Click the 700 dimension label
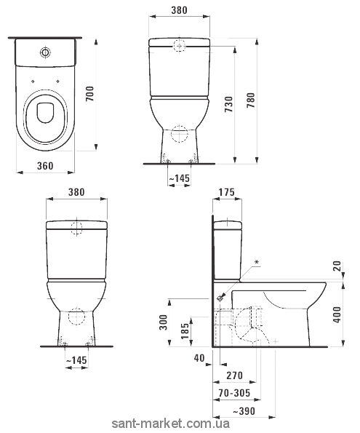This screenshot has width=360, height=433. pos(90,94)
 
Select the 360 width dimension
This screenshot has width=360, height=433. pos(45,166)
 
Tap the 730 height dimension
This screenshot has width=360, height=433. pos(229,104)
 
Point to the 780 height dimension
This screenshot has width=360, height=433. pos(251,100)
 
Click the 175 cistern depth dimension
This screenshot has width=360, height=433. pos(227,192)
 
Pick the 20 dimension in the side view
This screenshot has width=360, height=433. pos(337,266)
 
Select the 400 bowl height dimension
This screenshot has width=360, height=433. pos(337,314)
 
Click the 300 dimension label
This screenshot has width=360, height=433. pos(164,322)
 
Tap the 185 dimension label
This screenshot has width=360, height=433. pos(185,331)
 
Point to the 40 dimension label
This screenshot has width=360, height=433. pos(199,358)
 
